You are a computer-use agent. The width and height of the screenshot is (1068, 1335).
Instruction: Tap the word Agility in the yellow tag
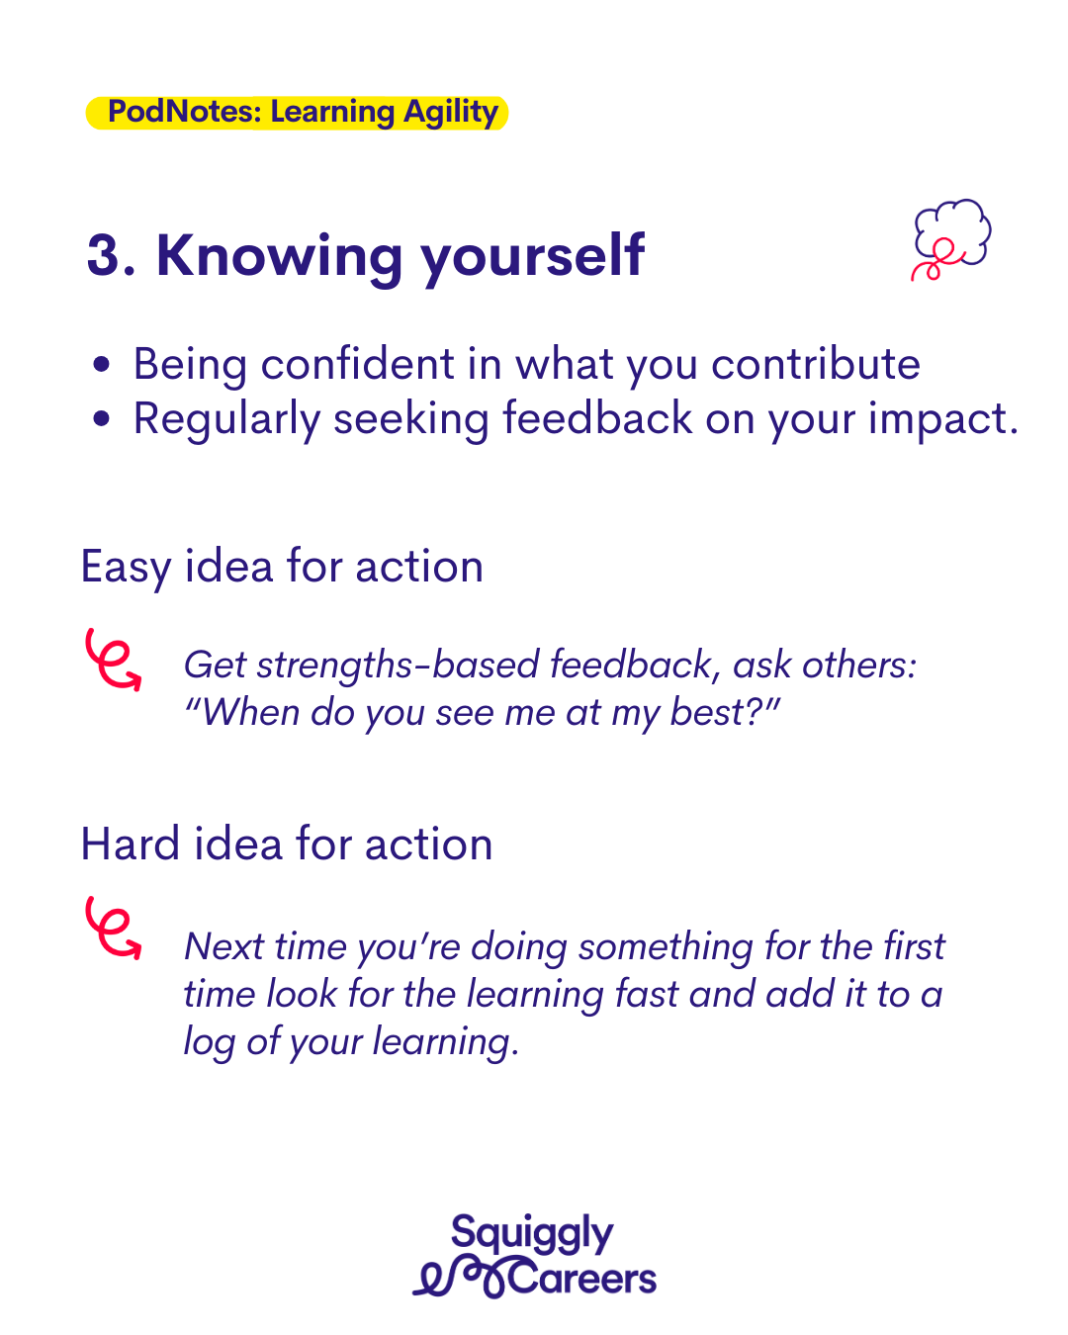coord(451,113)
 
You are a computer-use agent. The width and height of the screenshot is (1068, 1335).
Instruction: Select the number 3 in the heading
coord(103,254)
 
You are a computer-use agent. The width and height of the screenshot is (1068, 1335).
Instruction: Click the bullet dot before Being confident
coord(101,364)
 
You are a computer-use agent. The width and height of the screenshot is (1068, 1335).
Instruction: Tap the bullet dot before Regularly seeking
coord(101,418)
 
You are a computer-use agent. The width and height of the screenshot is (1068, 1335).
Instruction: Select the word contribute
coord(815,364)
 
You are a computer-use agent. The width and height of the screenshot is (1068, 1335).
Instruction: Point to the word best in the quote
coord(707,712)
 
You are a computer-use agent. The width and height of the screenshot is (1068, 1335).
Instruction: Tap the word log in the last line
coord(209,1043)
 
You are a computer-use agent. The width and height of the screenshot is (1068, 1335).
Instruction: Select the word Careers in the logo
coord(582,1280)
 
